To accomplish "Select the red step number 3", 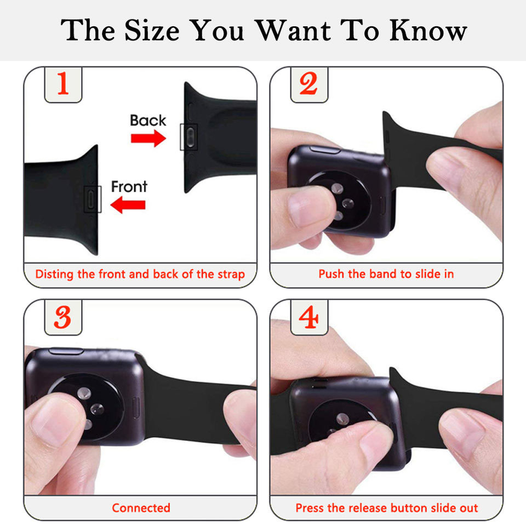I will [x=63, y=317].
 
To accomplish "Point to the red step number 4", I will [x=308, y=317].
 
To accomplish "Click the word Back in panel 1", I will [x=148, y=121].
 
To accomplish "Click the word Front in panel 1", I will [x=129, y=187].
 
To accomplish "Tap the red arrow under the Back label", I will [x=148, y=138].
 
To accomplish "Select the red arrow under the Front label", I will [x=128, y=205].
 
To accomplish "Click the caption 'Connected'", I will [x=141, y=508].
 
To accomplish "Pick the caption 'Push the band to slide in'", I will [x=386, y=274].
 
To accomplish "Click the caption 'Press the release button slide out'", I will [x=387, y=508].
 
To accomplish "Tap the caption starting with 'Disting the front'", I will [x=140, y=274].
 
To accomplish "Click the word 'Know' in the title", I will [x=428, y=31].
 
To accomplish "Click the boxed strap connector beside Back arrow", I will [x=188, y=136].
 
